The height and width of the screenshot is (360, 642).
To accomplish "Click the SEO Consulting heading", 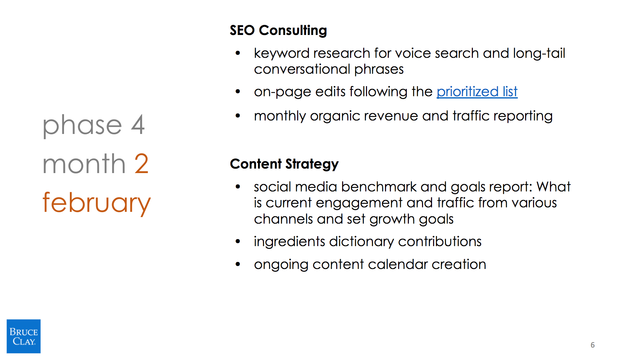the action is pos(278,30).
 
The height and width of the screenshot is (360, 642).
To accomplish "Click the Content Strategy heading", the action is pos(284,164).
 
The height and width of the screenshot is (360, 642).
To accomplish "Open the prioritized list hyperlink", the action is pos(477,92).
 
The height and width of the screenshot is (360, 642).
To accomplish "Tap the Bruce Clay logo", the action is pos(24,336).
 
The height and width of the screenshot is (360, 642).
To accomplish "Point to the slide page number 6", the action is pos(593,345).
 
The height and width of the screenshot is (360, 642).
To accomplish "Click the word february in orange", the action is pos(97,203).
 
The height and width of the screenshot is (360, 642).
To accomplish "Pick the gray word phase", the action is pos(82,125).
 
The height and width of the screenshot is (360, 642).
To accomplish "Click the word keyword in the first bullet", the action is pos(282,53).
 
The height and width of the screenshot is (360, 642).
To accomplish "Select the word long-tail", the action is pos(539,53).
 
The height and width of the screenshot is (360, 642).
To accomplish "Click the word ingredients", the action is pos(290,242).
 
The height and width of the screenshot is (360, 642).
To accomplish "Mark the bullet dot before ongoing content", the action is pos(238,264).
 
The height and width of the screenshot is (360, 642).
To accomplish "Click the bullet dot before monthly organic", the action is pos(238,116).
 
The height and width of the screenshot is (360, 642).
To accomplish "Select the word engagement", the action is pos(359,203).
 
